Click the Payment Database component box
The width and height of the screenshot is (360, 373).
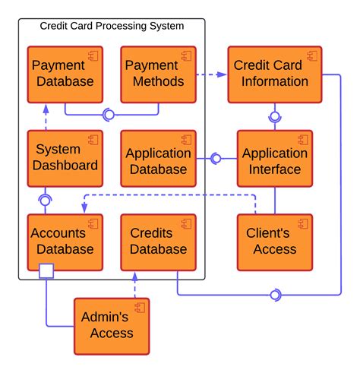click(65, 74)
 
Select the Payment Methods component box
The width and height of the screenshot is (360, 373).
click(158, 74)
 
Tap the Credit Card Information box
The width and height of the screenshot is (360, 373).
click(270, 74)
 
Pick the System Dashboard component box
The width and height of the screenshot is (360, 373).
click(65, 158)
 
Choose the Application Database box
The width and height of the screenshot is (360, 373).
click(158, 158)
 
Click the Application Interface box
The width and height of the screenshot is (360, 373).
click(274, 158)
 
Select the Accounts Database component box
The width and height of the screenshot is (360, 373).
click(65, 242)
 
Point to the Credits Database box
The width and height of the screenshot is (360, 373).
click(158, 242)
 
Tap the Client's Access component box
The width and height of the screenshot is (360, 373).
click(274, 242)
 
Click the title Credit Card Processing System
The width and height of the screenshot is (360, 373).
click(112, 27)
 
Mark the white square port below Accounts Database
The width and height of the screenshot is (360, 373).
click(46, 270)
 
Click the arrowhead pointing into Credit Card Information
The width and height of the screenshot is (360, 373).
click(222, 74)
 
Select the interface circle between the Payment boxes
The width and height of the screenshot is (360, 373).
click(109, 115)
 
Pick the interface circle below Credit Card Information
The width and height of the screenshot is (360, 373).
click(274, 117)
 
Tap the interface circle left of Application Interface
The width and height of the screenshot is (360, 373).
click(216, 158)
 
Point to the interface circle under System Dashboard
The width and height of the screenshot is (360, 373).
click(46, 200)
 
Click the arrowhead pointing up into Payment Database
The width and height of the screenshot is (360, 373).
click(46, 108)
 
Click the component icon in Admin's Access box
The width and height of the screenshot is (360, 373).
click(140, 307)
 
